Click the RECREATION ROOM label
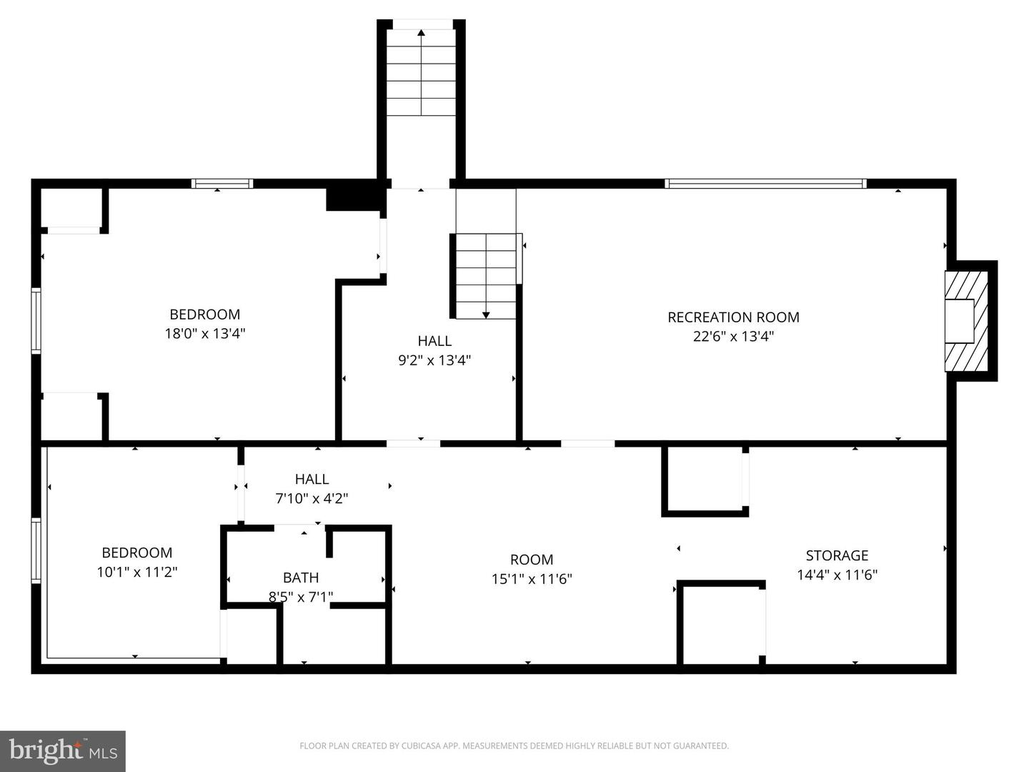tap(733, 317)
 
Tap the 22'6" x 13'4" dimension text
tap(733, 336)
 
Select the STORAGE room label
tap(837, 555)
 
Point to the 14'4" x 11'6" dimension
tap(837, 575)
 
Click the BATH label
tap(301, 578)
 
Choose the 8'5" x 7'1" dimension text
tap(301, 597)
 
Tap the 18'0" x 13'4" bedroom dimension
tap(205, 333)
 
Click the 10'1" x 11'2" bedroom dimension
tap(136, 572)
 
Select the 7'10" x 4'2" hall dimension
tap(312, 498)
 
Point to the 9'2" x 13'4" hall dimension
tap(434, 360)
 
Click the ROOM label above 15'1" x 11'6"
tap(531, 560)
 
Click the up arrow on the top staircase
tap(421, 33)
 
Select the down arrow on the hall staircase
tap(486, 314)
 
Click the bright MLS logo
tap(63, 751)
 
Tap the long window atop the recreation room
tap(765, 184)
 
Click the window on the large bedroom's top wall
tap(222, 184)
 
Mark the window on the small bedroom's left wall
tap(36, 550)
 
